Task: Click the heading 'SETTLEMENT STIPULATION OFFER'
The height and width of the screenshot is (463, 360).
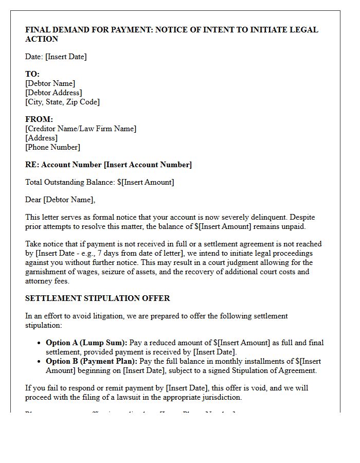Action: pyautogui.click(x=98, y=298)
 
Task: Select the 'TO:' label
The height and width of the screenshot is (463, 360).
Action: pyautogui.click(x=32, y=74)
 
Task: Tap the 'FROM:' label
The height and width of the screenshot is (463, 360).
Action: pyautogui.click(x=39, y=119)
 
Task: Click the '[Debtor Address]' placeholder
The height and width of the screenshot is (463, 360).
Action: pyautogui.click(x=53, y=93)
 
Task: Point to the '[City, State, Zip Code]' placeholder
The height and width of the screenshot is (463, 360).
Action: pyautogui.click(x=62, y=102)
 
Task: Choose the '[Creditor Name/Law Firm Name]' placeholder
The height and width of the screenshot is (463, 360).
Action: pyautogui.click(x=81, y=129)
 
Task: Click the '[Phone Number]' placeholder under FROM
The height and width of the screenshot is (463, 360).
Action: pyautogui.click(x=52, y=147)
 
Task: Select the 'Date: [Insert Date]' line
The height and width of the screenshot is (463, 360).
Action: pyautogui.click(x=56, y=57)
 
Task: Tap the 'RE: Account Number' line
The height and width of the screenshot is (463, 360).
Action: pyautogui.click(x=109, y=165)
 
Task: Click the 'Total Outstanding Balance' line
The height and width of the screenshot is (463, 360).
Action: pyautogui.click(x=100, y=182)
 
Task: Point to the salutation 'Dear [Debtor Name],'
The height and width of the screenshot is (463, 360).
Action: pyautogui.click(x=60, y=200)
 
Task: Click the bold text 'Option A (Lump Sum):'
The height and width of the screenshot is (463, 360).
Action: pyautogui.click(x=86, y=343)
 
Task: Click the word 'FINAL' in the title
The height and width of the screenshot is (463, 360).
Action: pyautogui.click(x=38, y=30)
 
